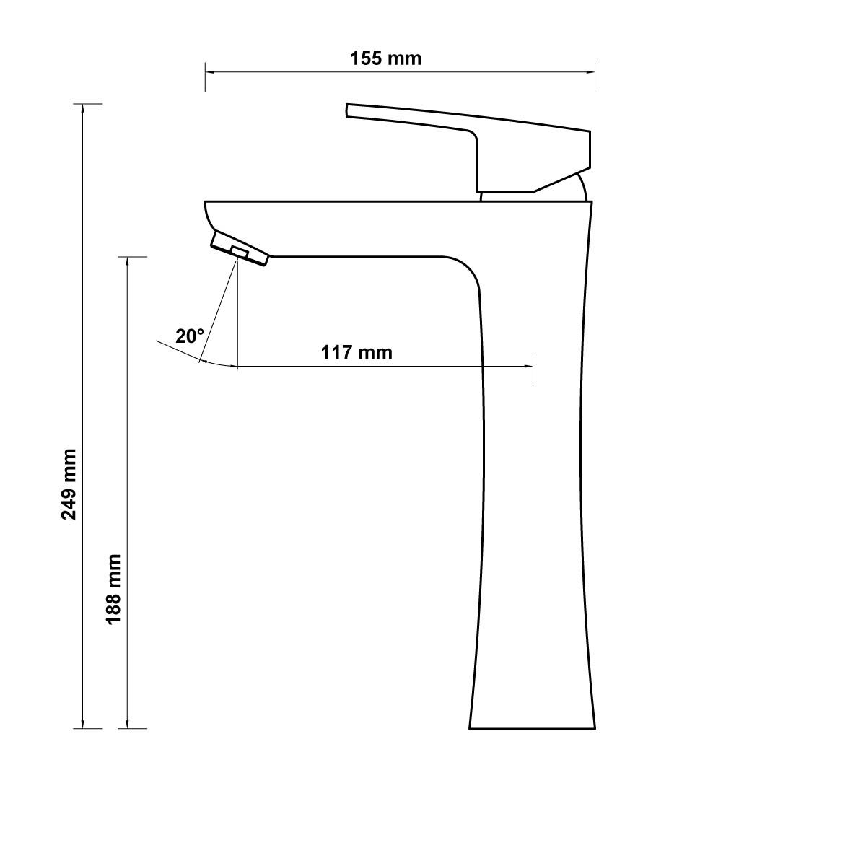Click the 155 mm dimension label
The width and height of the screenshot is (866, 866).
[x=385, y=58]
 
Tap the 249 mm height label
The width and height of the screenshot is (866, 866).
[x=69, y=484]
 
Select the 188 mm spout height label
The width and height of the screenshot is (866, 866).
[x=114, y=589]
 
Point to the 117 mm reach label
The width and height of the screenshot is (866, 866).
[x=357, y=352]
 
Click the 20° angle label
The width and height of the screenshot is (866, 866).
[x=190, y=336]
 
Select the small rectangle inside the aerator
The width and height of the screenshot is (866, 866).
[x=239, y=252]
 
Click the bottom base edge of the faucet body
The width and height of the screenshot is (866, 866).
[x=532, y=728]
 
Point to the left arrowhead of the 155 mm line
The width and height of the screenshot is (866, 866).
[x=209, y=71]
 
